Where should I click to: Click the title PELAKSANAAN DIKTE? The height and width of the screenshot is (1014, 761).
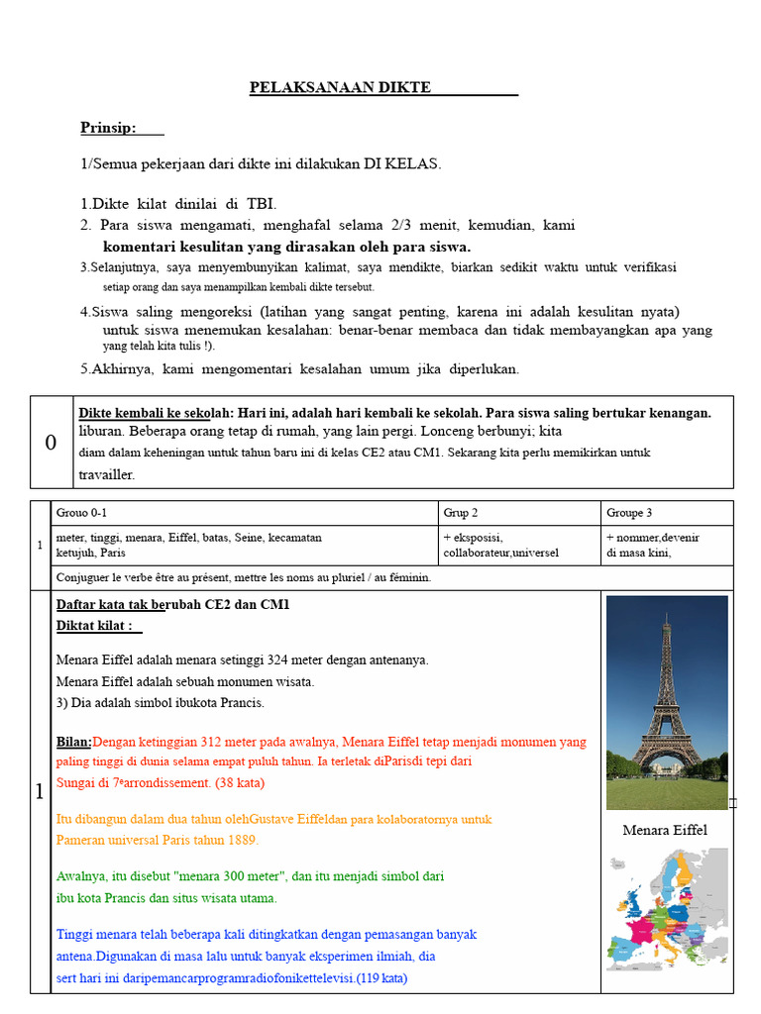pos(340,88)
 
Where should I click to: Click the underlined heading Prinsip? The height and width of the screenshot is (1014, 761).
pos(109,128)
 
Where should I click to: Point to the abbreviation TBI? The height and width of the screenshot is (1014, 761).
pos(260,205)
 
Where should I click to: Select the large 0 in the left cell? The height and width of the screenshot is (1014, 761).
pos(52,443)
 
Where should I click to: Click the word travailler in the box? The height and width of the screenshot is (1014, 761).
pos(107,474)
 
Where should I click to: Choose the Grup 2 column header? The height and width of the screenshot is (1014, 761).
pos(461,513)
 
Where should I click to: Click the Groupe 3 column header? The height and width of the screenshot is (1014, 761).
pos(628,513)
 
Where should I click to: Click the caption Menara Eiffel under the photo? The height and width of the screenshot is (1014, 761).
pos(665,830)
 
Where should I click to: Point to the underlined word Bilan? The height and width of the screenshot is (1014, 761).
pos(74,742)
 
